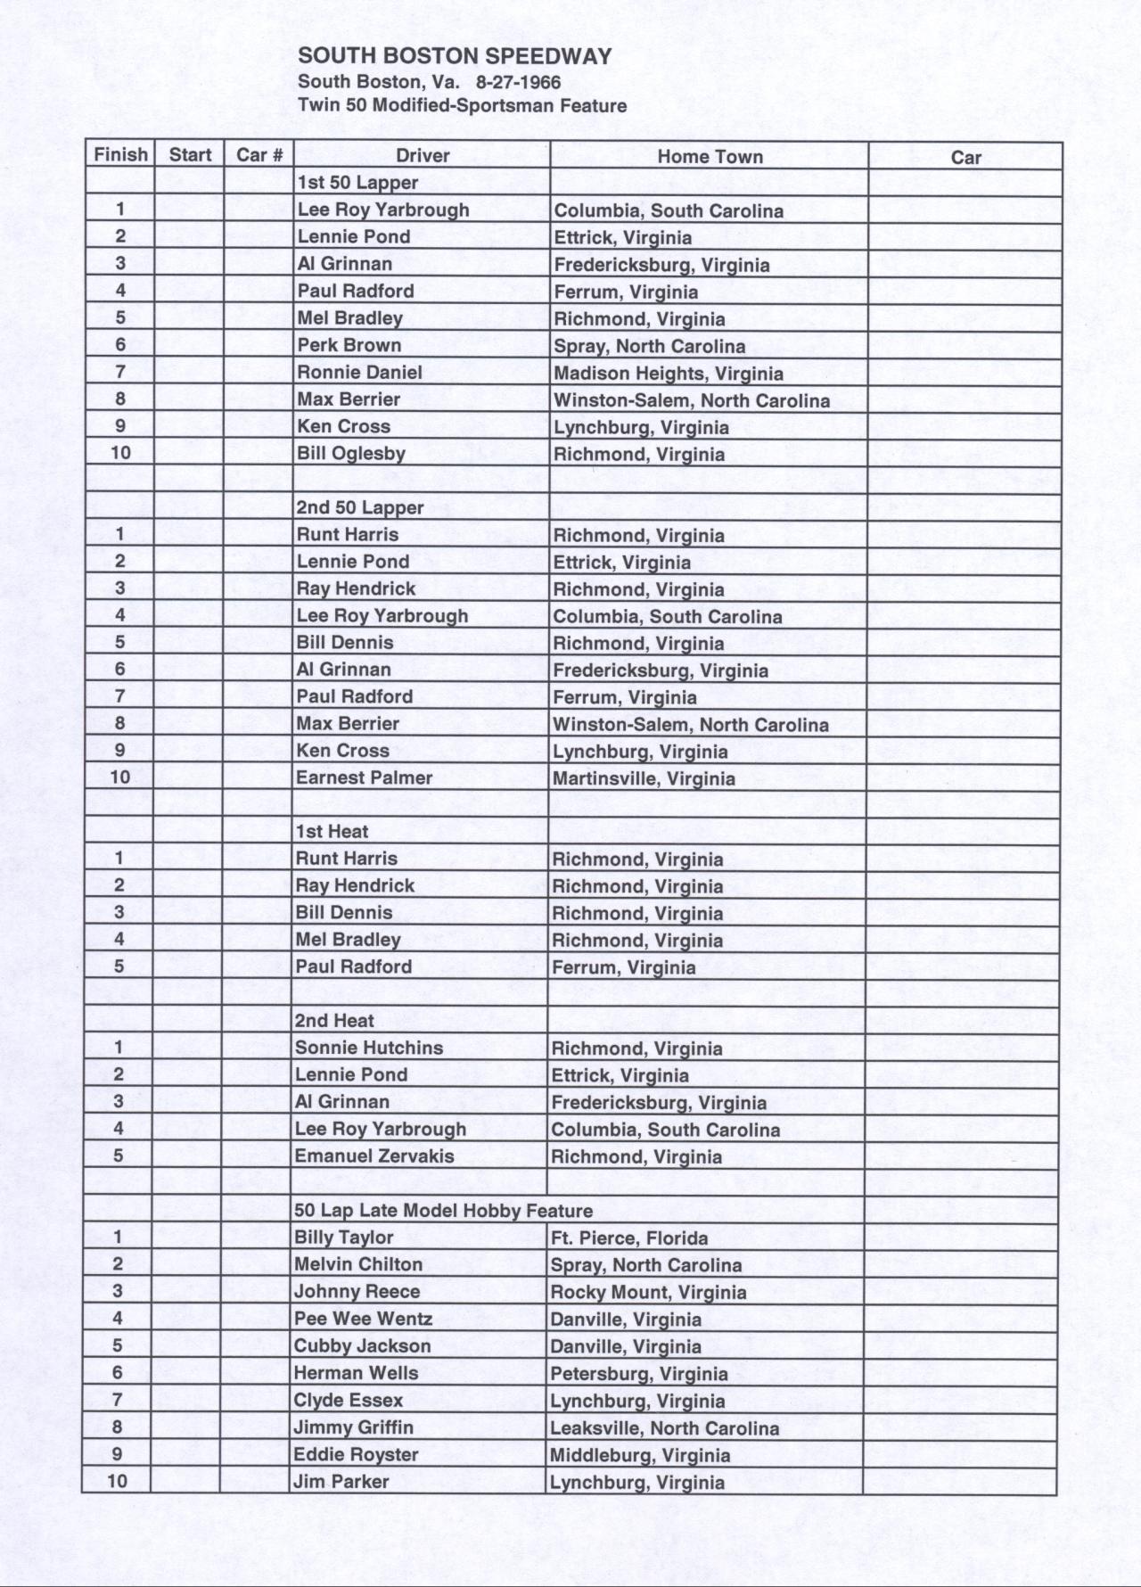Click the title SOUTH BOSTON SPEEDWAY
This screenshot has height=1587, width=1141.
pyautogui.click(x=455, y=57)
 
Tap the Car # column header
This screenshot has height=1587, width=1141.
pyautogui.click(x=259, y=155)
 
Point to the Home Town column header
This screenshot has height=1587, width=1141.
pyautogui.click(x=710, y=157)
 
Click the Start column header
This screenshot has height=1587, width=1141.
pyautogui.click(x=190, y=155)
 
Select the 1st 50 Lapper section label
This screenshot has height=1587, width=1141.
pyautogui.click(x=357, y=183)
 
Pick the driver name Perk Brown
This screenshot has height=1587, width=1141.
pyautogui.click(x=349, y=345)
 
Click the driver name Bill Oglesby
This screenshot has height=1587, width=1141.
pyautogui.click(x=351, y=453)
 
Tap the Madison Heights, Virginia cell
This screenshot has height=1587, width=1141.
pyautogui.click(x=669, y=374)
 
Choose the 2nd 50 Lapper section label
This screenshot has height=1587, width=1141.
pyautogui.click(x=360, y=507)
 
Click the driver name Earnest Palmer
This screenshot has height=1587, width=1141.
pyautogui.click(x=364, y=777)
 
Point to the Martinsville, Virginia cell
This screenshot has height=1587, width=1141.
pyautogui.click(x=644, y=778)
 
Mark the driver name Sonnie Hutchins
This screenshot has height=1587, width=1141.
pyautogui.click(x=368, y=1048)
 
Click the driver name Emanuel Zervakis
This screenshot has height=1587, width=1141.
pyautogui.click(x=374, y=1155)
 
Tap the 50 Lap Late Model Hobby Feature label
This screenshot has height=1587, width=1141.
pyautogui.click(x=443, y=1211)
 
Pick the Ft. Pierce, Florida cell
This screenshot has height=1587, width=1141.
pyautogui.click(x=629, y=1238)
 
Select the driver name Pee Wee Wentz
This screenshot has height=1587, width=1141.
pyautogui.click(x=363, y=1319)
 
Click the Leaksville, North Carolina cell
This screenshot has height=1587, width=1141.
pyautogui.click(x=664, y=1428)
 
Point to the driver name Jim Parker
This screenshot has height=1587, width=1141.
pyautogui.click(x=341, y=1482)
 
